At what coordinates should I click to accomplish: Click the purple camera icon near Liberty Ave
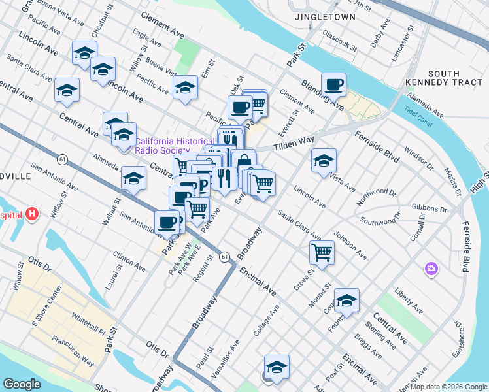click(431, 268)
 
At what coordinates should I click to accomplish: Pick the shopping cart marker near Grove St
click(322, 252)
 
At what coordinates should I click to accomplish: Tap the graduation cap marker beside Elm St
click(186, 88)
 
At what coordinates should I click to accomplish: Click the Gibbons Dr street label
click(429, 209)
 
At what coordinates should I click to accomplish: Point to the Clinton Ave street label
click(129, 262)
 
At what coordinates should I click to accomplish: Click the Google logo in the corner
click(22, 384)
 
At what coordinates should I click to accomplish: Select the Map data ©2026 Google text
click(448, 387)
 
